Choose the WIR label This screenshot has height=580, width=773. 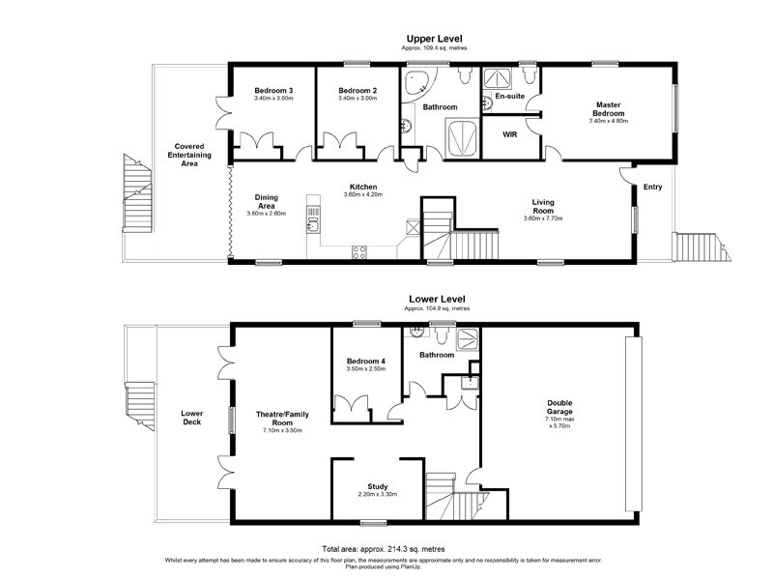point(509,134)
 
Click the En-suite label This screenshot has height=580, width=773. point(509,98)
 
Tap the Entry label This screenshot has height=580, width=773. point(654,187)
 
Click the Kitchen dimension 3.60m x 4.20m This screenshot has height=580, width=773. point(363,194)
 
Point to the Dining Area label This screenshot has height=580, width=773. point(267,201)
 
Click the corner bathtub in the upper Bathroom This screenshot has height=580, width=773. point(422,82)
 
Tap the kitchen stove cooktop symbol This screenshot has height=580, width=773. point(358,253)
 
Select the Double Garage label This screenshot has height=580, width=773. point(559,407)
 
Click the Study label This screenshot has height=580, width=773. point(377,486)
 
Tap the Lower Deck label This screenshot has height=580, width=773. point(191,418)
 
